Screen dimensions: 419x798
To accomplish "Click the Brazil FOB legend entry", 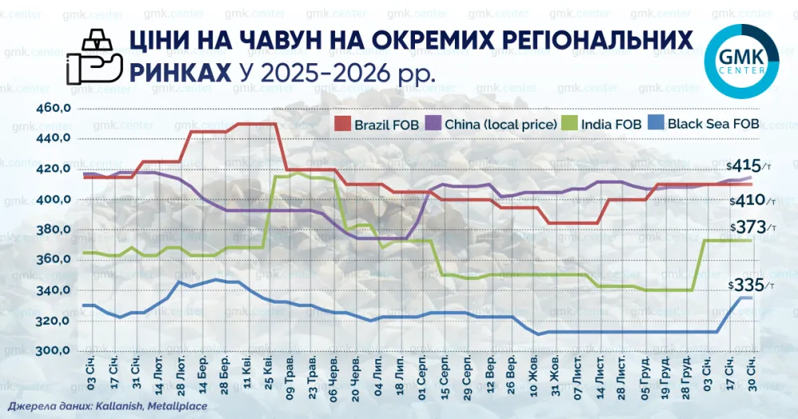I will pos(374,124).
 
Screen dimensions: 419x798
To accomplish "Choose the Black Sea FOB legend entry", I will pos(703,124).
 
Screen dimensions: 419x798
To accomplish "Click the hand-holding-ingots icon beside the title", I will pos(93,59).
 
